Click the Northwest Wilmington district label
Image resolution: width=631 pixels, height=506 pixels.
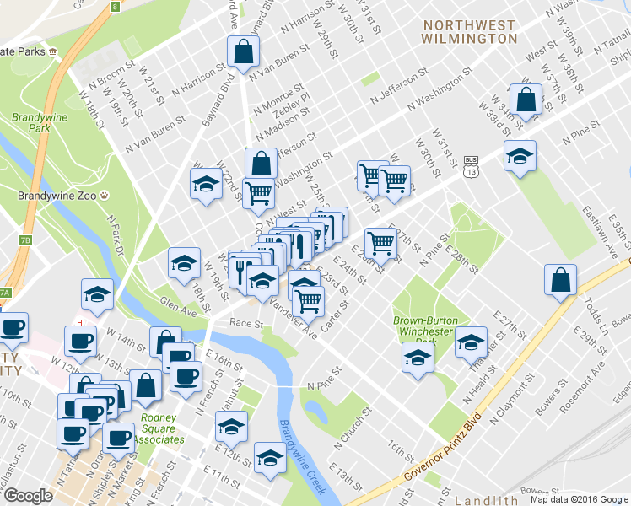coord(469,32)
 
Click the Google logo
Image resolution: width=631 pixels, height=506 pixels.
coord(28,495)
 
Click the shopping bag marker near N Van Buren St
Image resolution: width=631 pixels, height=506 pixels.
coord(243,52)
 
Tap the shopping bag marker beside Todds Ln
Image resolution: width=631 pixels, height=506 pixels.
coord(561,282)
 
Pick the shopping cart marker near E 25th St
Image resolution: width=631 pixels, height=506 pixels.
coord(381,243)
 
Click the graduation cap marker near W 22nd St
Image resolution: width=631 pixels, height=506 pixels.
coord(205,186)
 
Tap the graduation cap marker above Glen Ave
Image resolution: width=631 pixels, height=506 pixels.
coord(183,263)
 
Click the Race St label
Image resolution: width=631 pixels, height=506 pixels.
coord(247,323)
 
